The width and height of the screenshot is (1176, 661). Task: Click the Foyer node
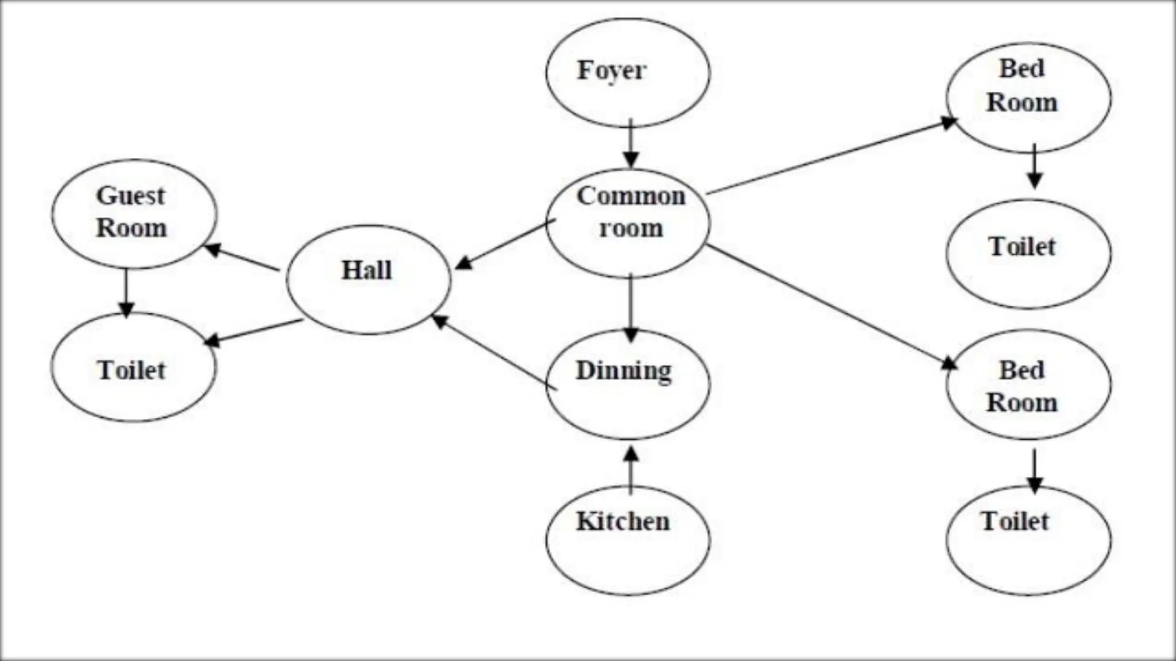point(628,73)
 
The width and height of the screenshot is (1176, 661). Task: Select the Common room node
point(628,224)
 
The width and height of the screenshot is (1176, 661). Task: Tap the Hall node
point(368,279)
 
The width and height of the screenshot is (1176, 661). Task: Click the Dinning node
point(628,384)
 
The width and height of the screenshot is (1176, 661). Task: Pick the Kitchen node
point(628,540)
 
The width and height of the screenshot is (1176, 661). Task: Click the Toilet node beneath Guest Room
point(134,367)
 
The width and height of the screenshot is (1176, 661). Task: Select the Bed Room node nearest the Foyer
point(1028,98)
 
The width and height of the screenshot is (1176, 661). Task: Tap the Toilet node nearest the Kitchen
point(1028,540)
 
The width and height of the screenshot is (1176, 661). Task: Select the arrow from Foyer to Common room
point(631,143)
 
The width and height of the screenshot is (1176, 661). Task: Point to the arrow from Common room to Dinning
point(631,307)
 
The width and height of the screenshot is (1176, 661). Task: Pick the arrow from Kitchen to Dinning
point(631,471)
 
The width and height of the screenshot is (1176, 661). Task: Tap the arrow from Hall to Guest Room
point(241,258)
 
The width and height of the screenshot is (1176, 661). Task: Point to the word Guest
point(130,196)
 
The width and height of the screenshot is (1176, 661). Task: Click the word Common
point(630,196)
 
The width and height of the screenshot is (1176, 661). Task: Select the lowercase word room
point(630,228)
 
